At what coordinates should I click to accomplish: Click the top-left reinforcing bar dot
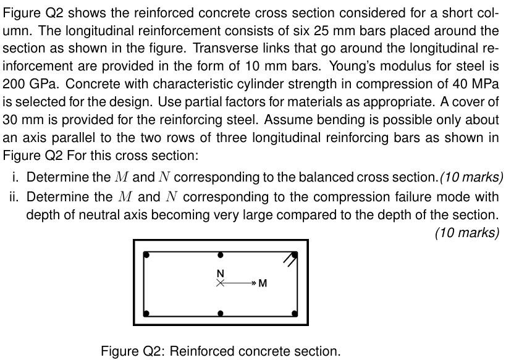point(146,254)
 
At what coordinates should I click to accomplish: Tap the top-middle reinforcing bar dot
point(221,254)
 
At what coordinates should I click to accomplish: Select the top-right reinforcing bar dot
point(295,254)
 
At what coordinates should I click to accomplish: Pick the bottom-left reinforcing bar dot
point(146,313)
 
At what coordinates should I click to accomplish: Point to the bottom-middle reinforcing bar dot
point(221,313)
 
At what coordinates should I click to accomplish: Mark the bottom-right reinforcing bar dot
point(295,313)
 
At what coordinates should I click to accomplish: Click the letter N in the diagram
point(220,274)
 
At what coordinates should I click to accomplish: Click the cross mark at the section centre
point(220,284)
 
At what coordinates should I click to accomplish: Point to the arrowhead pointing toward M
point(250,284)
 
